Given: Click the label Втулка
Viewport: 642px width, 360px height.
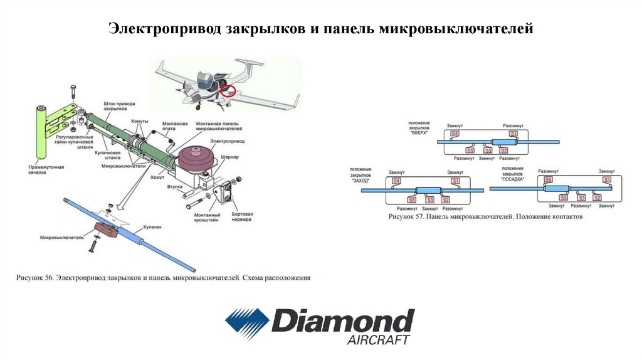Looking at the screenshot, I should coord(176,186).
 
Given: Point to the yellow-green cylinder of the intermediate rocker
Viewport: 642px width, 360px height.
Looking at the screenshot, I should coord(40,132).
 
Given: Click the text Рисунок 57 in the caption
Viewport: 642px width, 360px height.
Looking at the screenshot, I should coord(406,216).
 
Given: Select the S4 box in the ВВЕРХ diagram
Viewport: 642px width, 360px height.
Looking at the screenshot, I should coord(454,134).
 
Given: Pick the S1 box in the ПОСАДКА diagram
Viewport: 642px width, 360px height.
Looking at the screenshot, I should coord(606,180).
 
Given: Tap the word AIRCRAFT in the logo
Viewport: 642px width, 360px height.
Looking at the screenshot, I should coord(378,339).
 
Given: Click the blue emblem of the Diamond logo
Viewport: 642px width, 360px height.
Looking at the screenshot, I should coord(247,322).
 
